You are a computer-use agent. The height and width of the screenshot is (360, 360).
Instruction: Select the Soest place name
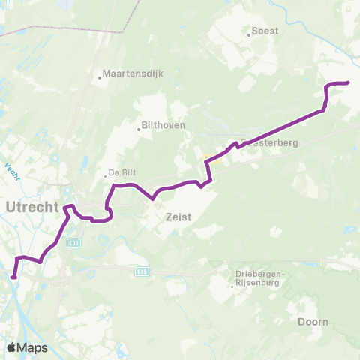click(x=265, y=31)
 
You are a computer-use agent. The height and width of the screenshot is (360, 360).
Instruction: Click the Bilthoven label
click(x=163, y=125)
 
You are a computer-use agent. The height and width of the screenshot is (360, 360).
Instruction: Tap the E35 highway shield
click(x=143, y=271)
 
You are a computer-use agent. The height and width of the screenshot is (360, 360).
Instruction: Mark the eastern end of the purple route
click(x=349, y=82)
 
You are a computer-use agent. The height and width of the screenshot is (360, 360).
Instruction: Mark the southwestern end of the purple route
click(x=13, y=276)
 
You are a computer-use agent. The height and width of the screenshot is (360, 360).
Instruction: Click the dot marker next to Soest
click(x=249, y=33)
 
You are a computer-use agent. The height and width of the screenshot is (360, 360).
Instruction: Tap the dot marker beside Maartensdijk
click(x=100, y=75)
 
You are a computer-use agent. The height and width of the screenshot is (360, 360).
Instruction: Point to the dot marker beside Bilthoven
click(x=139, y=129)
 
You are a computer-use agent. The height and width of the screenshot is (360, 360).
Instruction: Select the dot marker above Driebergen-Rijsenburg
click(x=232, y=284)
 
